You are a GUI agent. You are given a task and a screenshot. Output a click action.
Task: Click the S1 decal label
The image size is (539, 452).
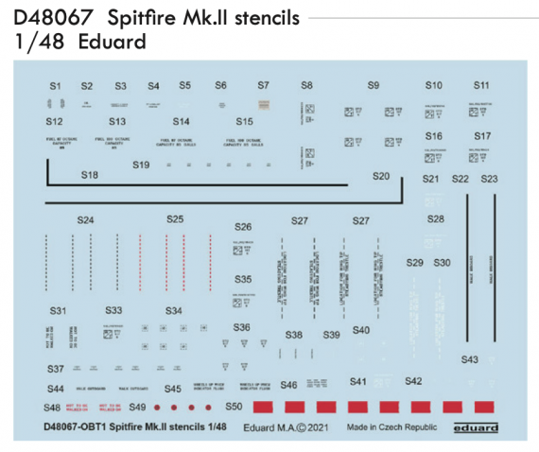click(55, 86)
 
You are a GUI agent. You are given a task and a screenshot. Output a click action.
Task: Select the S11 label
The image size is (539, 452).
click(482, 85)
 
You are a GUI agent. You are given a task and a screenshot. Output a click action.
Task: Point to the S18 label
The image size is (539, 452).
click(90, 175)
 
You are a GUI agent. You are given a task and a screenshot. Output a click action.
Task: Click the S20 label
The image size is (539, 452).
click(382, 176)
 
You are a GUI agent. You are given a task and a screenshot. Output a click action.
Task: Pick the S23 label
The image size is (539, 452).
click(490, 179)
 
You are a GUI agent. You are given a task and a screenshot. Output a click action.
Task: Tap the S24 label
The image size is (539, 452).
click(86, 220)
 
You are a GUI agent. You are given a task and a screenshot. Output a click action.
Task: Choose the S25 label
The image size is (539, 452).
click(175, 219)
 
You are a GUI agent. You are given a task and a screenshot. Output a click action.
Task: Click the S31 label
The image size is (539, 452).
click(59, 310)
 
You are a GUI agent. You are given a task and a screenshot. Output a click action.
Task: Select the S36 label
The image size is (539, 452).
click(243, 327)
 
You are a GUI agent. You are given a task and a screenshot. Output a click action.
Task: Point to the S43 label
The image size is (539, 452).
click(470, 359)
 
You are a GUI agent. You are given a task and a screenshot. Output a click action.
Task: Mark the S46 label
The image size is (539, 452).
click(288, 385)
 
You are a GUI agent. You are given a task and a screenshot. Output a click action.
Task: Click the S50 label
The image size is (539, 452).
click(235, 407)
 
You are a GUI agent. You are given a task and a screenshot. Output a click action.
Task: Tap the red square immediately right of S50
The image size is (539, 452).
click(266, 408)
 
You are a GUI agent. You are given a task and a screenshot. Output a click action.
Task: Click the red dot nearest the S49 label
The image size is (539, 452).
click(159, 408)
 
